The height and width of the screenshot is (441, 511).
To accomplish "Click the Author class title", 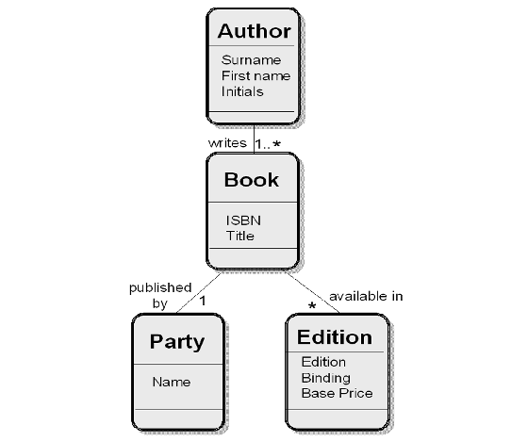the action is tap(255, 31).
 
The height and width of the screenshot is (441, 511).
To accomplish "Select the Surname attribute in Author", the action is tap(251, 60).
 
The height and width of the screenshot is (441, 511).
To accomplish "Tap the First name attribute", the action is tap(255, 76).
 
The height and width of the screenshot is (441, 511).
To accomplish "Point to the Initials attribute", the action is tap(242, 91).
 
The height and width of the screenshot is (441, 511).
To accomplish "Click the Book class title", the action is tap(252, 180).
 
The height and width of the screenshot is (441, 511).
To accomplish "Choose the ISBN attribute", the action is tap(243, 220).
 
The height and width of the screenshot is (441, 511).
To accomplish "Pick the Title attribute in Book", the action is tap(240, 236).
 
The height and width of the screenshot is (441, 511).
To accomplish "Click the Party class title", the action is tap(177, 342).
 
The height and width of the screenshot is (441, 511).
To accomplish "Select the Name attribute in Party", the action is tap(172, 382).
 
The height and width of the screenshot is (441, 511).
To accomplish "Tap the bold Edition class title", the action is tap(335, 337).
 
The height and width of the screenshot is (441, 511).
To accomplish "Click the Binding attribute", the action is tap(326, 378).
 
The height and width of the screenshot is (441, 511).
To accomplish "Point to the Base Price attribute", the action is tap(337, 394).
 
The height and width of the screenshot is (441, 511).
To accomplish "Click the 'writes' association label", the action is tap(227, 143).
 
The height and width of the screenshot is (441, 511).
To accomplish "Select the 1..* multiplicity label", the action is tap(268, 143).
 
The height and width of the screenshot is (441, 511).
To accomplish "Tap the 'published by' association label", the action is tap(160, 295).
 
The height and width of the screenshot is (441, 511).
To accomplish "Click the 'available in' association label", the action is tap(366, 297).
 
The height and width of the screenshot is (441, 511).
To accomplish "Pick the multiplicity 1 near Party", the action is tap(203, 301).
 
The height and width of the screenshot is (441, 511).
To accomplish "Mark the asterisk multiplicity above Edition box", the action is tap(312, 306).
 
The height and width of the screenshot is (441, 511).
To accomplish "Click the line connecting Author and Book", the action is tap(254, 139).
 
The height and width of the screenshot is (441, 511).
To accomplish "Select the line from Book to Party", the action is tap(199, 293).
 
